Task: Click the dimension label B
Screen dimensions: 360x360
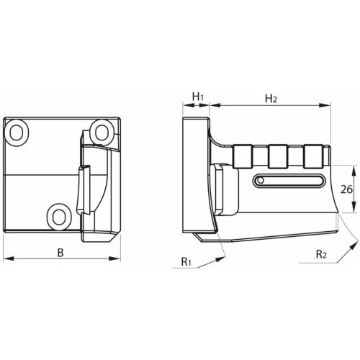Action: [60, 253]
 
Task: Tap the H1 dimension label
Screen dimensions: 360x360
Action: [198, 96]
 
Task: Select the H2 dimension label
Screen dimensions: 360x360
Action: [271, 99]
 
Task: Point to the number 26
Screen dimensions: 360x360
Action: [346, 189]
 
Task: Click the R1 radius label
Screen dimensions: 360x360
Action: [186, 261]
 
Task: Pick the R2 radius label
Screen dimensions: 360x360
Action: [321, 254]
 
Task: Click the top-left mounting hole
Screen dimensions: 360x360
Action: [17, 132]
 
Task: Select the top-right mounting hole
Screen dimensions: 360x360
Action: [102, 132]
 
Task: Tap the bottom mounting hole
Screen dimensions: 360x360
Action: [59, 217]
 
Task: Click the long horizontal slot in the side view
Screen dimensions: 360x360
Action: [289, 180]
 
